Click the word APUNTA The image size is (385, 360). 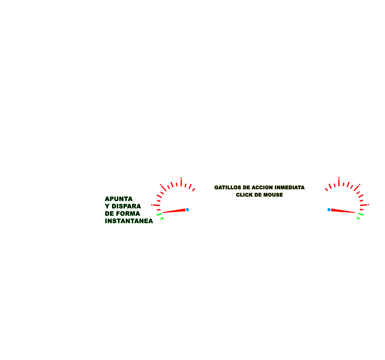coord(119,199)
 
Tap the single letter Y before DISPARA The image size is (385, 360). coord(107,206)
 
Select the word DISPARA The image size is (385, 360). coord(127,206)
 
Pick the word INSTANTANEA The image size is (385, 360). coord(129,221)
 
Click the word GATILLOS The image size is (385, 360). coord(228,188)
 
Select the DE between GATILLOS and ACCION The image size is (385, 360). coord(246,188)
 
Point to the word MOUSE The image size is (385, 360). coord(274,195)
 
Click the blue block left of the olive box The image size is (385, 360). coord(196,213)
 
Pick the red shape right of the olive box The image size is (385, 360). coord(343,188)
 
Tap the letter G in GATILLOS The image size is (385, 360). coord(216,188)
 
